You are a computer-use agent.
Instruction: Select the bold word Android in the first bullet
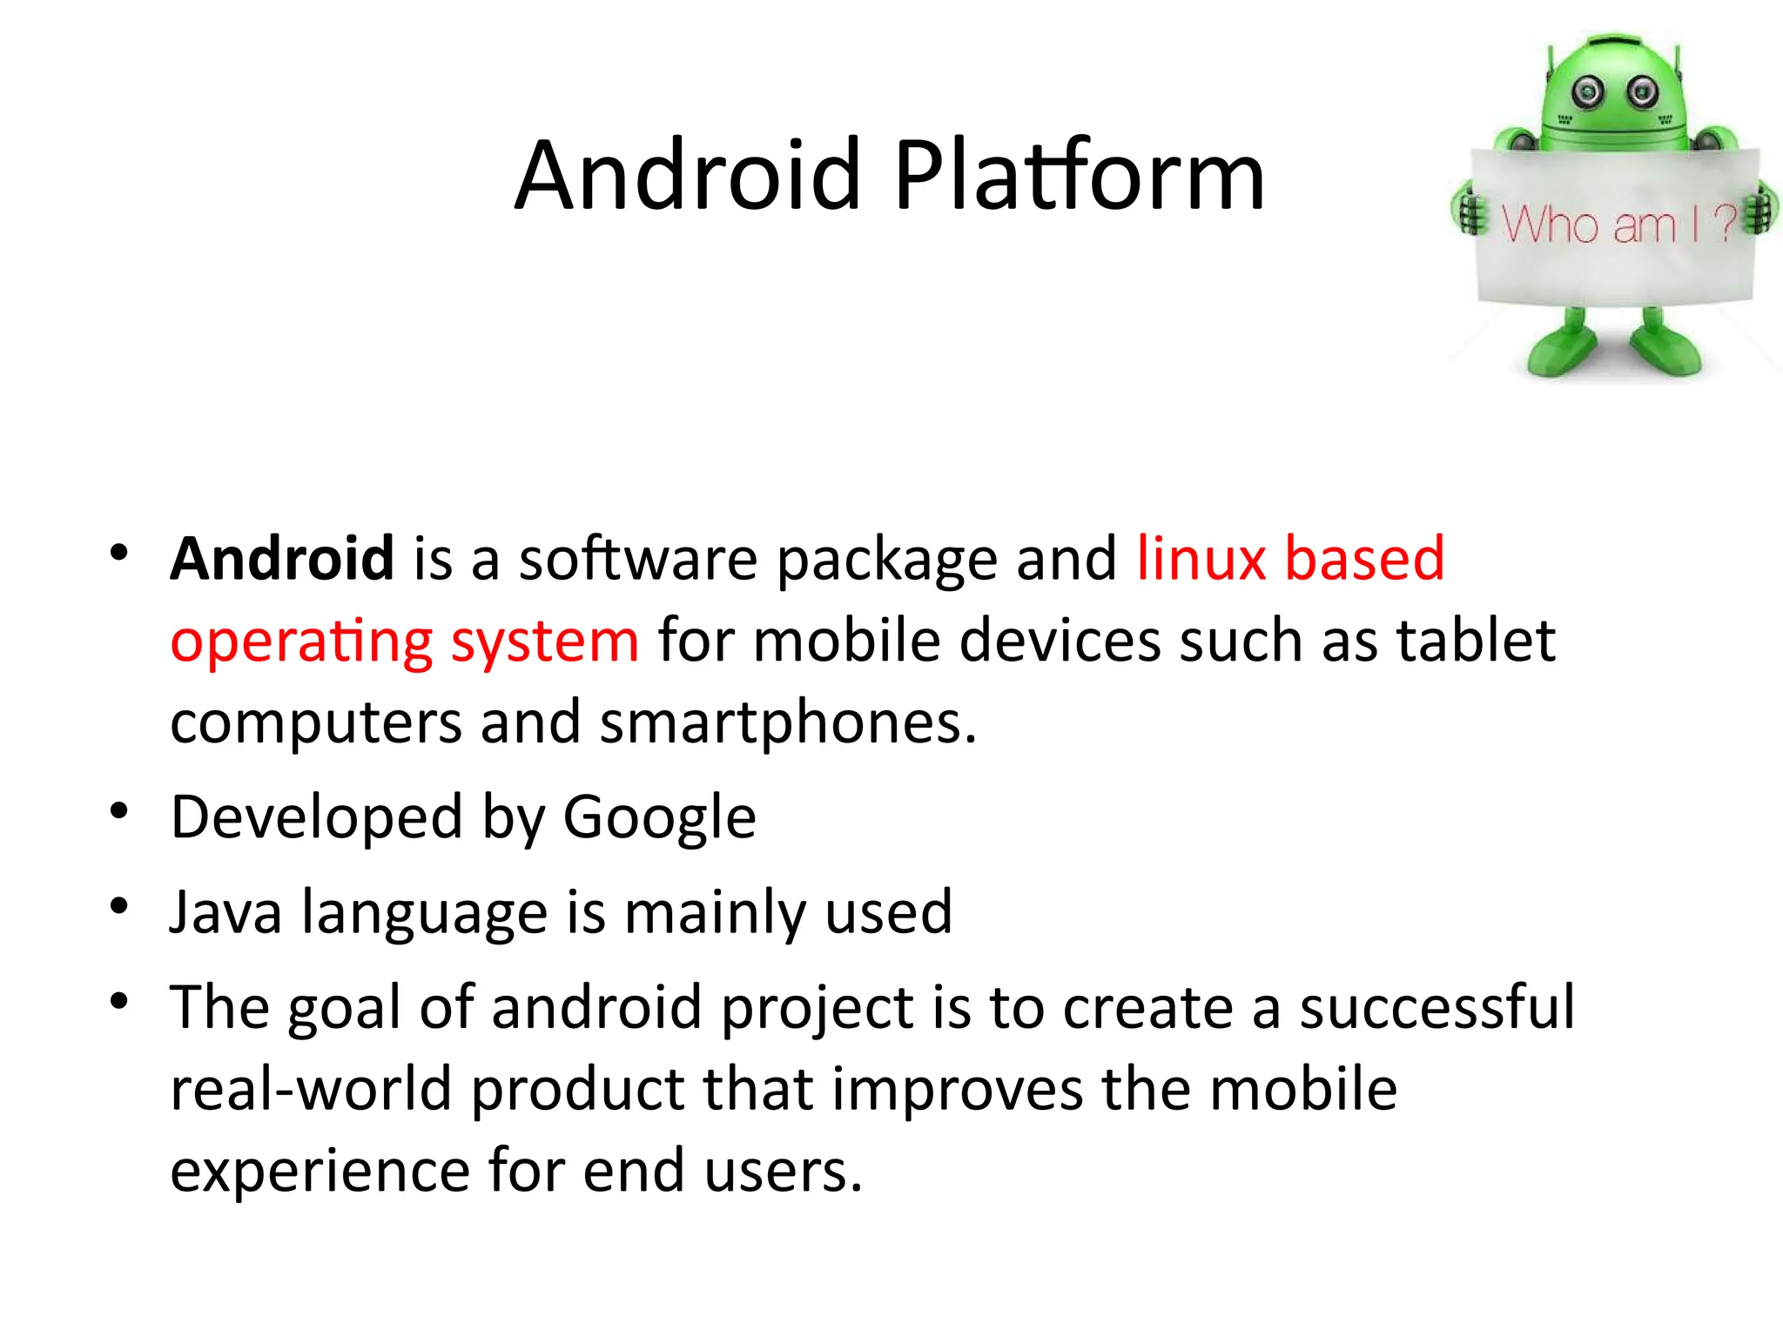[x=282, y=558]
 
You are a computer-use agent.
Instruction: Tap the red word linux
[x=1201, y=558]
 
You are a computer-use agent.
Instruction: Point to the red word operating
[x=300, y=642]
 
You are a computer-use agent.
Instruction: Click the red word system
[x=544, y=642]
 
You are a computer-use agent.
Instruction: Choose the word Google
[x=659, y=819]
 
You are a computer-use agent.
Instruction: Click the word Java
[x=225, y=912]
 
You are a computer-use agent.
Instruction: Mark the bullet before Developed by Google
[x=119, y=811]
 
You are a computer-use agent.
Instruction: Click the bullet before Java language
[x=119, y=906]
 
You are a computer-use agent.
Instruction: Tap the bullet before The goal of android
[x=119, y=1001]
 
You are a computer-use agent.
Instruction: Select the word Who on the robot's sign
[x=1550, y=225]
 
